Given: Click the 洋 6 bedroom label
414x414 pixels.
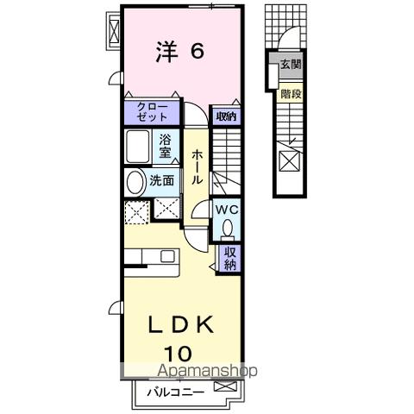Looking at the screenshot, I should click(x=180, y=53).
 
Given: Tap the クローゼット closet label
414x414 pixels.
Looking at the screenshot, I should click(x=152, y=112).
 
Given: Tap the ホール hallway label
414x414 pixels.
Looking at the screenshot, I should click(x=198, y=166).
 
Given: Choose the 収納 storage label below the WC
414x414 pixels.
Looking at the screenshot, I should click(x=230, y=259).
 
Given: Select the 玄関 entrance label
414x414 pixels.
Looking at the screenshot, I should click(x=290, y=64).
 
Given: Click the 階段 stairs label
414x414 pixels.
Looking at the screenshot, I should click(x=290, y=94).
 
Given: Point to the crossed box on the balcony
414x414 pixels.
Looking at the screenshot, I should click(x=226, y=387).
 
